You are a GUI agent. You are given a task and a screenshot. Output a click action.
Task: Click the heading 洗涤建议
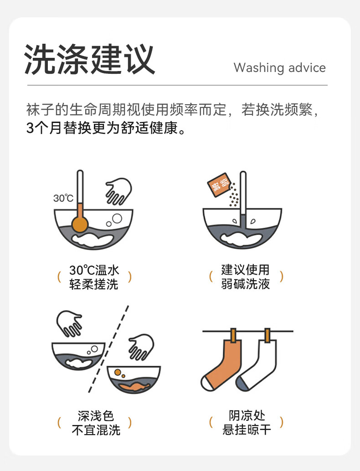(x=90, y=59)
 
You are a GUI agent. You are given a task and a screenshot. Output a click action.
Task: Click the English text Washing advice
(x=280, y=68)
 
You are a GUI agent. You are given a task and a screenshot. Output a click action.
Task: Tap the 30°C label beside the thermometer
(x=63, y=198)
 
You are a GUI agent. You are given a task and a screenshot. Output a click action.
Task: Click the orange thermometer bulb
(x=80, y=224)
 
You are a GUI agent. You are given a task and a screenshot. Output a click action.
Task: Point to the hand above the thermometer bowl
(x=118, y=191)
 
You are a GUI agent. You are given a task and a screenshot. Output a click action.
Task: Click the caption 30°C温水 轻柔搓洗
(x=94, y=277)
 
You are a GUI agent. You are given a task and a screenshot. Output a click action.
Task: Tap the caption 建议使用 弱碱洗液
(x=245, y=276)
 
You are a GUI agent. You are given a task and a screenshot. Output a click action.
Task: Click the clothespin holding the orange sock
(x=233, y=336)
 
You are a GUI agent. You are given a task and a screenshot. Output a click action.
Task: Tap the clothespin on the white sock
(x=267, y=336)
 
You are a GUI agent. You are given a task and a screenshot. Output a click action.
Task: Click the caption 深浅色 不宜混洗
(x=96, y=423)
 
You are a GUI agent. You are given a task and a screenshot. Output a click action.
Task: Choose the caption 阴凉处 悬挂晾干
(x=247, y=423)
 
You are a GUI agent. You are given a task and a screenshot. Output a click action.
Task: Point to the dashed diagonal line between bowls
(x=108, y=349)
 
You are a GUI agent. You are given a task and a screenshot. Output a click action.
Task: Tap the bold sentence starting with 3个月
(x=106, y=128)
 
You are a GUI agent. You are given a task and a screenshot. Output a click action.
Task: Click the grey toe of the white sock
(x=242, y=383)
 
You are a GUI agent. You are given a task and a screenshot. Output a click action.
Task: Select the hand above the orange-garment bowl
(x=142, y=347)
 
